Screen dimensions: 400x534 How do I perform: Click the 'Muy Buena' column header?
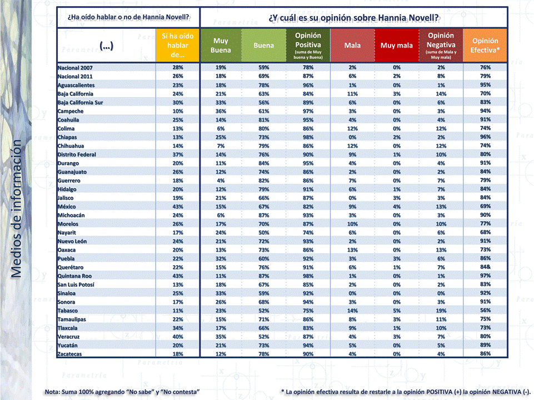click(x=221, y=45)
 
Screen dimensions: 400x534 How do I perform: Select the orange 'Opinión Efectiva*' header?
click(x=485, y=45)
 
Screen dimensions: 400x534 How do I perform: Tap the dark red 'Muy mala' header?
click(x=397, y=45)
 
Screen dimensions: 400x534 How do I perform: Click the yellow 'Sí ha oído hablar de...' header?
click(x=178, y=45)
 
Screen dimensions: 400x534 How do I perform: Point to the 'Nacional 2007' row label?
click(x=75, y=68)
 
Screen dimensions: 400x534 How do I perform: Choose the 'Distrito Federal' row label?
click(x=77, y=154)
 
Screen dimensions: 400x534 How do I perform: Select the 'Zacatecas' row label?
click(x=71, y=353)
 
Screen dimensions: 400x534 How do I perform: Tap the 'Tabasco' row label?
click(x=68, y=310)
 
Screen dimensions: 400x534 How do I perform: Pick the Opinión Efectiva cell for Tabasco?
click(x=485, y=310)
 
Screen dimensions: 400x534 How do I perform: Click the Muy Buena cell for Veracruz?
click(x=221, y=336)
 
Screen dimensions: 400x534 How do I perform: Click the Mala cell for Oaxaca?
click(x=352, y=250)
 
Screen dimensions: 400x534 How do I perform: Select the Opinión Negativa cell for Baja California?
click(x=441, y=94)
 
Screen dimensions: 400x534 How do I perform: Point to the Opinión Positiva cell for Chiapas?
click(x=308, y=137)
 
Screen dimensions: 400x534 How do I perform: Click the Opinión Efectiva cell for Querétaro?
click(x=485, y=267)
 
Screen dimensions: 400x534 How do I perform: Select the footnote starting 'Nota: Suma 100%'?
click(x=122, y=392)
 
